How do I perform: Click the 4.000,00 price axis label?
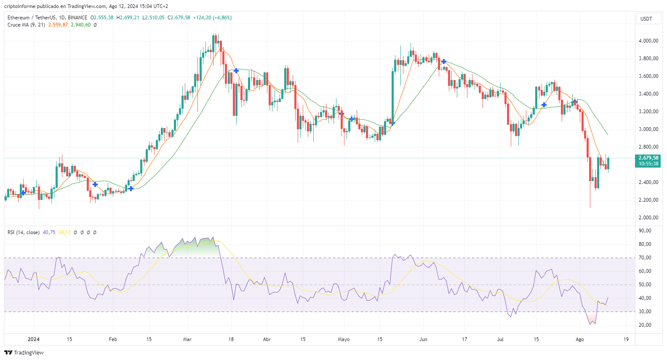point(648,41)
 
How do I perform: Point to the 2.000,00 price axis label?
point(648,218)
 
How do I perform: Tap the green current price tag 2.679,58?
point(648,158)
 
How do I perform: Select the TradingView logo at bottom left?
point(24,352)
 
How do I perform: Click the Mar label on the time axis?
point(187,339)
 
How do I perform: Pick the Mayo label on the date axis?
point(344,339)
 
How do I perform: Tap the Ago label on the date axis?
point(580,339)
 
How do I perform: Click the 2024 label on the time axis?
point(34,339)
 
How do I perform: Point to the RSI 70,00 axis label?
point(645,258)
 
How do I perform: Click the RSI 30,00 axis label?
point(645,312)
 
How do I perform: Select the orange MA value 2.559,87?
point(58,25)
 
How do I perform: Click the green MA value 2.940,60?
point(80,25)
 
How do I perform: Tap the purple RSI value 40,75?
point(49,232)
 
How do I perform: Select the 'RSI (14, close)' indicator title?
point(24,232)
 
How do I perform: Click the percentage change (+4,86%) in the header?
point(222,18)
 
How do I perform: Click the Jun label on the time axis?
point(423,339)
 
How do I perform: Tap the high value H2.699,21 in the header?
point(128,18)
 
